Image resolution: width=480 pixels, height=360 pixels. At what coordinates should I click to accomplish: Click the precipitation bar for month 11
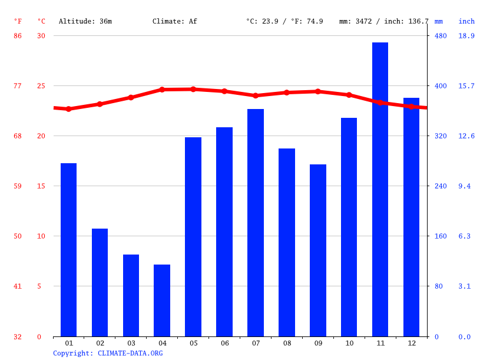380,189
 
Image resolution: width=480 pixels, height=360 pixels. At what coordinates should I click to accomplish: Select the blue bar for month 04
162,300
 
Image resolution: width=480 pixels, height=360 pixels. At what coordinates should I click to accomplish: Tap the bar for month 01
68,250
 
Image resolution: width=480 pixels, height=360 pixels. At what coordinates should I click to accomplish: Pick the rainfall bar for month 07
256,223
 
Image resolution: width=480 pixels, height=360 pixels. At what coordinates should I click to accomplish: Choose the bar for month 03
131,295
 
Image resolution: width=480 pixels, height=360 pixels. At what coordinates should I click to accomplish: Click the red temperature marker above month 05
193,89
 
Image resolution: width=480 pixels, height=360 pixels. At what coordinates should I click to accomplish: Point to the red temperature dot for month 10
349,95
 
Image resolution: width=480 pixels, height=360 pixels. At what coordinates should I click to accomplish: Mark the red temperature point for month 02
100,104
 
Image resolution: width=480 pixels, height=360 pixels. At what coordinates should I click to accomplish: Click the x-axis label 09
318,343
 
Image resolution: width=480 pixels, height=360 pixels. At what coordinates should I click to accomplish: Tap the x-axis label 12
411,343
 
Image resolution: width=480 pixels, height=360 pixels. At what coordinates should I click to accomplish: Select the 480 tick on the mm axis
441,36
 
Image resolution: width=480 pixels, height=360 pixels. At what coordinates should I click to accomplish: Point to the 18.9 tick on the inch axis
466,36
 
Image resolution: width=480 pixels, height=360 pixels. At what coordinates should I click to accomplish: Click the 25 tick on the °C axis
41,86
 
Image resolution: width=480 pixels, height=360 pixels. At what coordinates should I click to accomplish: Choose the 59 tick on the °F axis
18,186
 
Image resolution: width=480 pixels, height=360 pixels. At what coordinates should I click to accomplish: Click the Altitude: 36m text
85,21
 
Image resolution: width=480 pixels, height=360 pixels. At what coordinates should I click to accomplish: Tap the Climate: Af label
175,21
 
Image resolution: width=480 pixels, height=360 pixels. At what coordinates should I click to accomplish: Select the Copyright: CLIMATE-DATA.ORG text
108,353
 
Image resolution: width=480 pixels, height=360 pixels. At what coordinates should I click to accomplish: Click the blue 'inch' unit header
466,21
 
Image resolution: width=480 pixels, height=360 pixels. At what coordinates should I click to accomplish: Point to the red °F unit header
18,21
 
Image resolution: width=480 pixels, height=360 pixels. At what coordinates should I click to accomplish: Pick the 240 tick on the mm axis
441,186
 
